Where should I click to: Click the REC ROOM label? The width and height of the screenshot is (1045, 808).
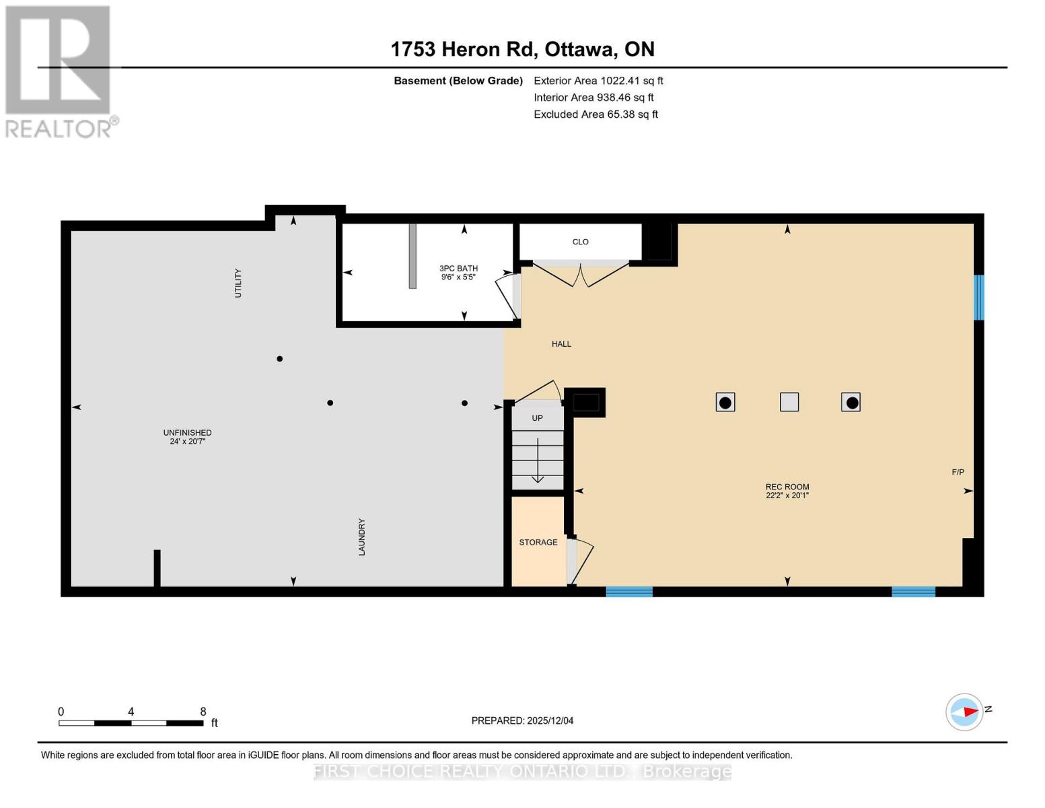(787, 487)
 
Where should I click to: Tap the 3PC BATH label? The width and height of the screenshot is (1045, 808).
(458, 269)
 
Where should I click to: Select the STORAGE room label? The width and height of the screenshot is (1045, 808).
(538, 542)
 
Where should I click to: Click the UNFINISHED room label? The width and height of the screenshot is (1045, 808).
(187, 433)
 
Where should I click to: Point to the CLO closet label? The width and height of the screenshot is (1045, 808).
(580, 242)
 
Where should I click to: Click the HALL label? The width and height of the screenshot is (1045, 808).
(561, 344)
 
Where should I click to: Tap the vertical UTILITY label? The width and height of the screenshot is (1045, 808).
(238, 283)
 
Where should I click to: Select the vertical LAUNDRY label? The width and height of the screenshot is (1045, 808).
(361, 537)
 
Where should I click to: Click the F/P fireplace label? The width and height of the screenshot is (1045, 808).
(958, 472)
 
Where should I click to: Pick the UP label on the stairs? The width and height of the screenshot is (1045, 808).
(537, 418)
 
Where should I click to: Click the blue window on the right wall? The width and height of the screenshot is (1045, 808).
(979, 297)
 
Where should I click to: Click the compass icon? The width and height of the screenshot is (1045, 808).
(964, 712)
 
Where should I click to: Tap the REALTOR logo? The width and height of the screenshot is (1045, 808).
(59, 71)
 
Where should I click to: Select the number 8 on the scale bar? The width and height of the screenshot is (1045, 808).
(203, 712)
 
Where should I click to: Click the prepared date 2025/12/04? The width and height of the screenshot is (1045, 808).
(550, 720)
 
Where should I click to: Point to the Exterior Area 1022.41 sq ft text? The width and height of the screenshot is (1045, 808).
(598, 81)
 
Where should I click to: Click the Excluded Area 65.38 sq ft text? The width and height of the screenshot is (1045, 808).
(596, 114)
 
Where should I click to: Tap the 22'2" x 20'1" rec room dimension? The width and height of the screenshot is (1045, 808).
(787, 496)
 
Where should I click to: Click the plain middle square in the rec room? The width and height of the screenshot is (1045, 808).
(789, 402)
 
